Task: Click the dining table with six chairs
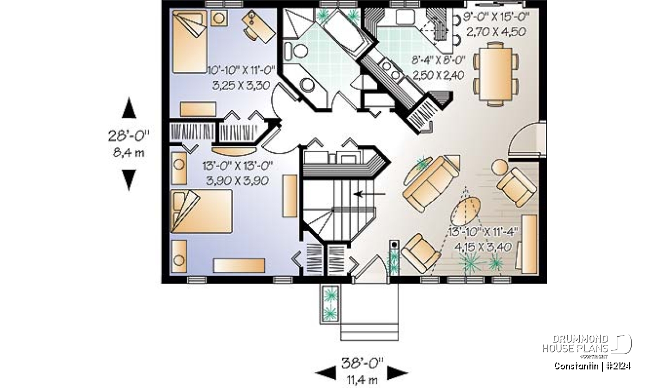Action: tap(496, 74)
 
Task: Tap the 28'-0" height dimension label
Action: tap(129, 136)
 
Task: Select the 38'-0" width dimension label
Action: tap(362, 363)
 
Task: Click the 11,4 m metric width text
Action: tap(362, 380)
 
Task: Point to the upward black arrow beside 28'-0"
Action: tap(129, 108)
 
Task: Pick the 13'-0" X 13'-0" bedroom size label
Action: tap(237, 166)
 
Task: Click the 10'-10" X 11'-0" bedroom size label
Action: tap(241, 70)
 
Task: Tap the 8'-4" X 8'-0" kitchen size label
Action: tap(438, 61)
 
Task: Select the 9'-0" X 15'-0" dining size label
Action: tap(497, 17)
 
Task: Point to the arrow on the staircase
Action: tap(370, 194)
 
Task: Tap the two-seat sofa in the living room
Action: tap(431, 184)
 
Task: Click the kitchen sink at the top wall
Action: tap(405, 17)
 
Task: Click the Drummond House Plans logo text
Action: tap(575, 344)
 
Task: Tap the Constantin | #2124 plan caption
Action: tap(592, 366)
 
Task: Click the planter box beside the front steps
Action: tap(330, 303)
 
